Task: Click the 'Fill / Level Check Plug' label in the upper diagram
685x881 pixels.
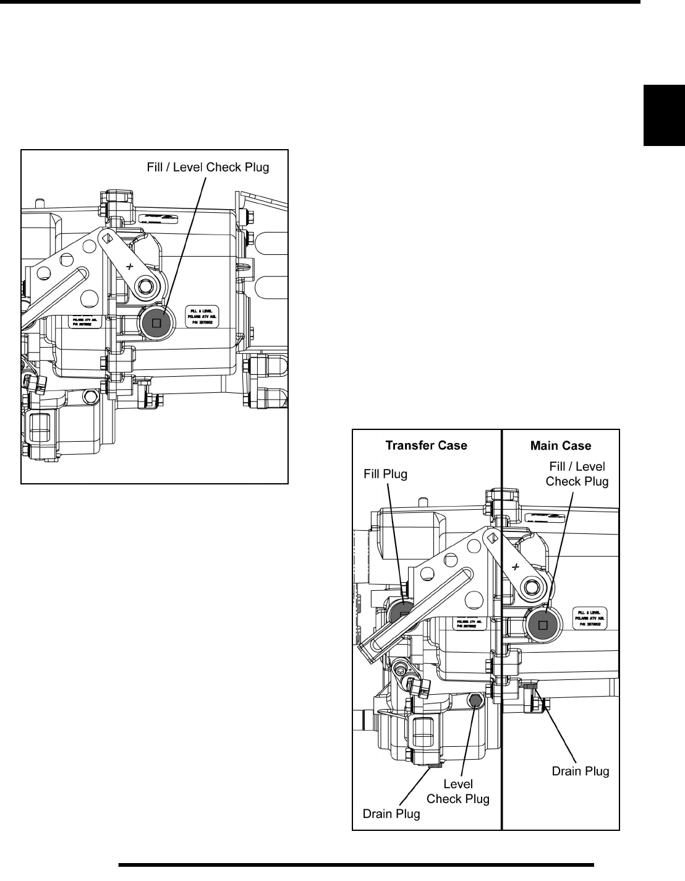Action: (x=208, y=168)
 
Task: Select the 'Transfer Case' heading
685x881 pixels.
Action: (x=426, y=445)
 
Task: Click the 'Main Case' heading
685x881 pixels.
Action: (x=561, y=445)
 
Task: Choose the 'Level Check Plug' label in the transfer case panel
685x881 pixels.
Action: (x=457, y=791)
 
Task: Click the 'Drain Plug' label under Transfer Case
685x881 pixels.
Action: (x=391, y=813)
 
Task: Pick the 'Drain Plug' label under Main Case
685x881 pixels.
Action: (x=580, y=771)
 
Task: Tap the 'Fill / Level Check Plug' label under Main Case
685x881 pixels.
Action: (x=577, y=473)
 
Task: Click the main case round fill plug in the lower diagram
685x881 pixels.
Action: (x=543, y=625)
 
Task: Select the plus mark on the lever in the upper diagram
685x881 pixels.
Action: (x=130, y=267)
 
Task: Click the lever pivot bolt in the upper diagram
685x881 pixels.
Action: (x=146, y=286)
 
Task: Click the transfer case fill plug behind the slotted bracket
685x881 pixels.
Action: (x=400, y=612)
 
